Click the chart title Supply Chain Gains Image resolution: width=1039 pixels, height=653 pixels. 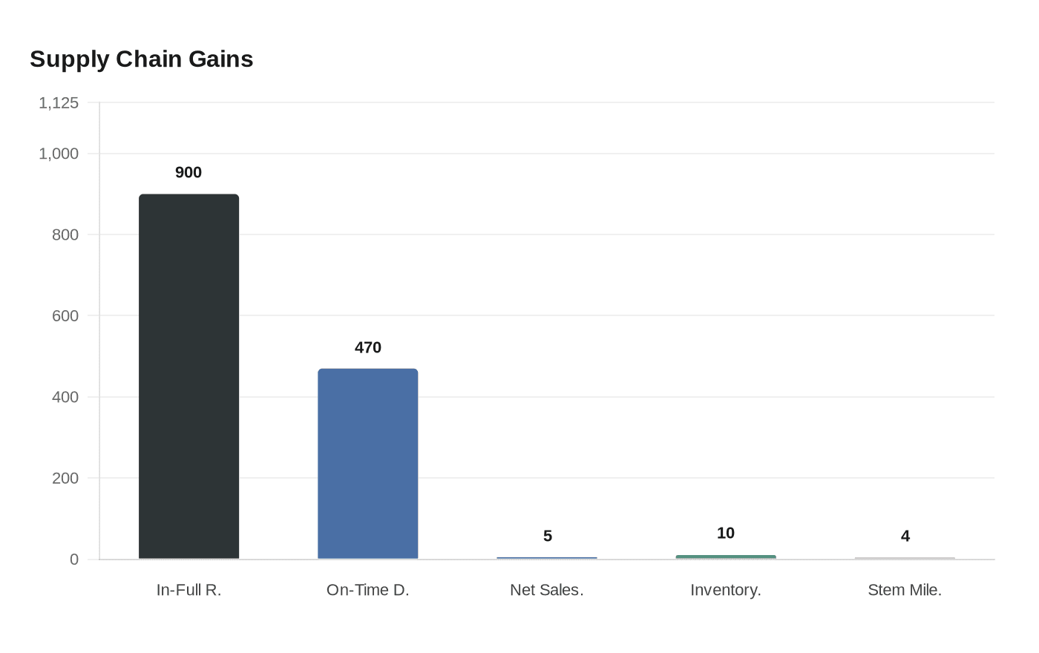pos(141,59)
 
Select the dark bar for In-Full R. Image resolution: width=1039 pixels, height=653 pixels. pos(189,377)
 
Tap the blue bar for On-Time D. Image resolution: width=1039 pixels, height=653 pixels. pos(367,464)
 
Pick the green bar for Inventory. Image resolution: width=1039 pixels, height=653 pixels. pos(725,557)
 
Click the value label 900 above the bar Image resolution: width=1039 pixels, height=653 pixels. pos(189,172)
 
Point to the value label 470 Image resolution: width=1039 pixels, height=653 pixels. pos(367,347)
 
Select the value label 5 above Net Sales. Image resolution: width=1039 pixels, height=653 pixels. pos(547,536)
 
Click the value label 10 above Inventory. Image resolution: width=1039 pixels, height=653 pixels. pos(725,533)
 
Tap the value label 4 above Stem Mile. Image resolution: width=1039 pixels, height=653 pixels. pos(905,536)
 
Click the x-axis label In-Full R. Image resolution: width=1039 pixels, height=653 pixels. pos(189,590)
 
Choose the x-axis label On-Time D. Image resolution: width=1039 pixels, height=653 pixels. pos(367,590)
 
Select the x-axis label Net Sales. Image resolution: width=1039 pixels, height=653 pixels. pos(547,590)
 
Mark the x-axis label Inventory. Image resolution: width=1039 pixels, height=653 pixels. pos(725,590)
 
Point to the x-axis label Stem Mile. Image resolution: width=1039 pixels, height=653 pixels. pos(905,590)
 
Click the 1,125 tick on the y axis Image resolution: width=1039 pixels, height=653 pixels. pos(59,103)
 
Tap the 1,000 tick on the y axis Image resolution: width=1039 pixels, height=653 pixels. pos(59,154)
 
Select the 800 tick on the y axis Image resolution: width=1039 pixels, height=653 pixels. pos(65,234)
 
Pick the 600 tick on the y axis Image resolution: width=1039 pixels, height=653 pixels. pos(65,316)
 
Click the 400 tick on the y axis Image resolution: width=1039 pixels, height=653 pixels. pos(65,397)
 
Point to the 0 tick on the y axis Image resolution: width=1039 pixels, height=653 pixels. pos(73,560)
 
